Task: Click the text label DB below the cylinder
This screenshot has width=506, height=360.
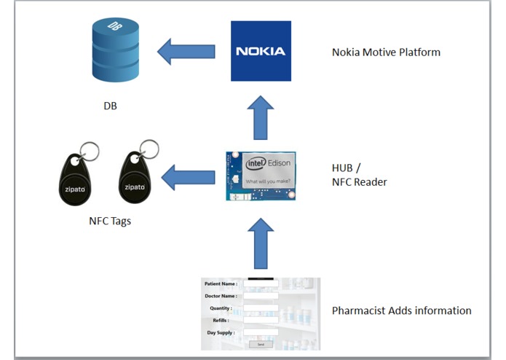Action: click(x=110, y=106)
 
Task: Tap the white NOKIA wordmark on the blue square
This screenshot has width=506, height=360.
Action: click(x=261, y=51)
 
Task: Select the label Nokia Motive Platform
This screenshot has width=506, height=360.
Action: click(x=386, y=52)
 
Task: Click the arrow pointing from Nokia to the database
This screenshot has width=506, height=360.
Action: click(x=186, y=51)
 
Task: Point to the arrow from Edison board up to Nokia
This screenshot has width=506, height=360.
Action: click(x=260, y=117)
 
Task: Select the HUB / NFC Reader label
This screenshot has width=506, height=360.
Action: click(x=359, y=175)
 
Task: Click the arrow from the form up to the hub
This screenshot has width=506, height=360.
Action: click(x=260, y=243)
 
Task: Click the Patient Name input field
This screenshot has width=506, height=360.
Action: click(x=261, y=284)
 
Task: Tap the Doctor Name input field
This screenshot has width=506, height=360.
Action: click(x=261, y=296)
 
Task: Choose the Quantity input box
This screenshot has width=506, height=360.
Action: click(x=261, y=308)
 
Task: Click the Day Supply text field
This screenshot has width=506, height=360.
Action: click(x=261, y=332)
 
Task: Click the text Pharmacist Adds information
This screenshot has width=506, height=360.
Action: click(x=401, y=310)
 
